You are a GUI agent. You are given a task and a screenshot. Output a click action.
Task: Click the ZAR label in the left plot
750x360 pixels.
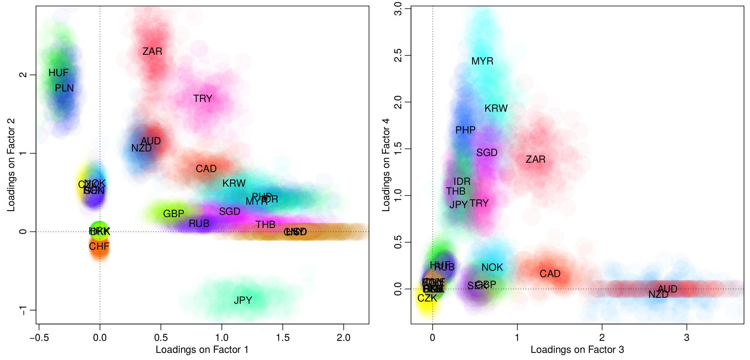click(152, 51)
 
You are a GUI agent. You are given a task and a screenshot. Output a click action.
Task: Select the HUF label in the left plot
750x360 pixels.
click(58, 73)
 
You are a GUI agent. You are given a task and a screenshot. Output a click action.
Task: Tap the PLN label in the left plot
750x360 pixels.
click(64, 88)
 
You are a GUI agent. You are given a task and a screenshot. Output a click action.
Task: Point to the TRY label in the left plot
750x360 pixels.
click(203, 99)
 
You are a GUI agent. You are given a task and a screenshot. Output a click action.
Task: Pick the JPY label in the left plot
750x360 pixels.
click(243, 300)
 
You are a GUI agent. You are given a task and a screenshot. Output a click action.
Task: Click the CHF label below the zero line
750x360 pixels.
click(99, 246)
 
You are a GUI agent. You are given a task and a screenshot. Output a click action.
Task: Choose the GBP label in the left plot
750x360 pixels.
click(174, 214)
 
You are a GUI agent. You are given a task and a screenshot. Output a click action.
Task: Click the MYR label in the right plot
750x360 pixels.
click(482, 61)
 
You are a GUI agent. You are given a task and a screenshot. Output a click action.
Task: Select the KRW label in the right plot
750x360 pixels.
click(496, 108)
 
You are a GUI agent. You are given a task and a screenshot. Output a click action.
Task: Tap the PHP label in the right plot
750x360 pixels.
click(465, 130)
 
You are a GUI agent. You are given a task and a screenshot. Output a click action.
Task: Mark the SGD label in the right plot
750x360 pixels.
click(487, 153)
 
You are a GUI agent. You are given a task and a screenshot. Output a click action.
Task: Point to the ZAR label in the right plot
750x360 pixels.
click(535, 159)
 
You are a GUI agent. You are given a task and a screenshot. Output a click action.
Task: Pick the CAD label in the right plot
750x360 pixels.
click(550, 274)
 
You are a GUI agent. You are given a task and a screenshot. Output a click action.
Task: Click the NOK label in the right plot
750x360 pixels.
click(492, 267)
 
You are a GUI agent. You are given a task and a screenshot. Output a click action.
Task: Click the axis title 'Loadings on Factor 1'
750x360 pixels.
click(202, 349)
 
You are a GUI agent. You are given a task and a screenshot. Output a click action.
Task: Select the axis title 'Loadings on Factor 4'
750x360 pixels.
click(386, 165)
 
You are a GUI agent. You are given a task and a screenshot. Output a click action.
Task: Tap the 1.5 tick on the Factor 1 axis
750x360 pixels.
click(283, 337)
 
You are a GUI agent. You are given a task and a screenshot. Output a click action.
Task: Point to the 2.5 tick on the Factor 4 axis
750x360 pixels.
click(398, 55)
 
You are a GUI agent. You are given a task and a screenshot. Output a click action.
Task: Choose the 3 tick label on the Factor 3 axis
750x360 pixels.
click(687, 337)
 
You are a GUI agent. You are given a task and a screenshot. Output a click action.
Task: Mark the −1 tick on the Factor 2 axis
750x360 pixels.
click(23, 310)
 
